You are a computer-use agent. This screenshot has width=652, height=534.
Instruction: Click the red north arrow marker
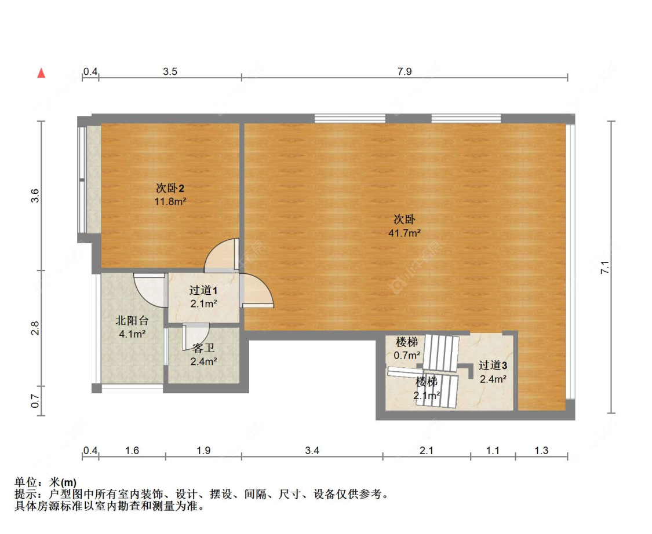click(41, 73)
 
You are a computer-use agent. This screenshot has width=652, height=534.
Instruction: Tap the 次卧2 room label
click(170, 188)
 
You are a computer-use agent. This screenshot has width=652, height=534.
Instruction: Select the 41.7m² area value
click(404, 233)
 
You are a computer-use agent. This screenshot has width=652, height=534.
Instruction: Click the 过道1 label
click(203, 291)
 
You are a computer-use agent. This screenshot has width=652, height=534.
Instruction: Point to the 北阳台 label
click(132, 320)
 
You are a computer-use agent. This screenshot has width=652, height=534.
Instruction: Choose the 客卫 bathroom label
click(203, 348)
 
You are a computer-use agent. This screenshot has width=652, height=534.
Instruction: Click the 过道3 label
click(493, 365)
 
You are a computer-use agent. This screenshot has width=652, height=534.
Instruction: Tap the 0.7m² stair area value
click(407, 355)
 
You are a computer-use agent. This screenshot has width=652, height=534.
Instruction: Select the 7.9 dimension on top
click(404, 72)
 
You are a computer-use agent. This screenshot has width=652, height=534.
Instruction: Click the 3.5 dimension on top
click(170, 72)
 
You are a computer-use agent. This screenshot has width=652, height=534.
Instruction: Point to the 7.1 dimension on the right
click(605, 268)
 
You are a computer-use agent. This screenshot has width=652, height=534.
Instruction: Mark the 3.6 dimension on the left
click(35, 196)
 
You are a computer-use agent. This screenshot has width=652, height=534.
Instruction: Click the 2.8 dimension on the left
click(35, 328)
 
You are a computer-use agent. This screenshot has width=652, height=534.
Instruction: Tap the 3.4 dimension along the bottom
click(312, 451)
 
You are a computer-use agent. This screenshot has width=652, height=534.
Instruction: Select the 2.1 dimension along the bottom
click(426, 451)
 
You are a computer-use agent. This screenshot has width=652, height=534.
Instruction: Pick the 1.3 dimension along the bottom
click(541, 451)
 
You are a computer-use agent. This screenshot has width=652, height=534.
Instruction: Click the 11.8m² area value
click(170, 202)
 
